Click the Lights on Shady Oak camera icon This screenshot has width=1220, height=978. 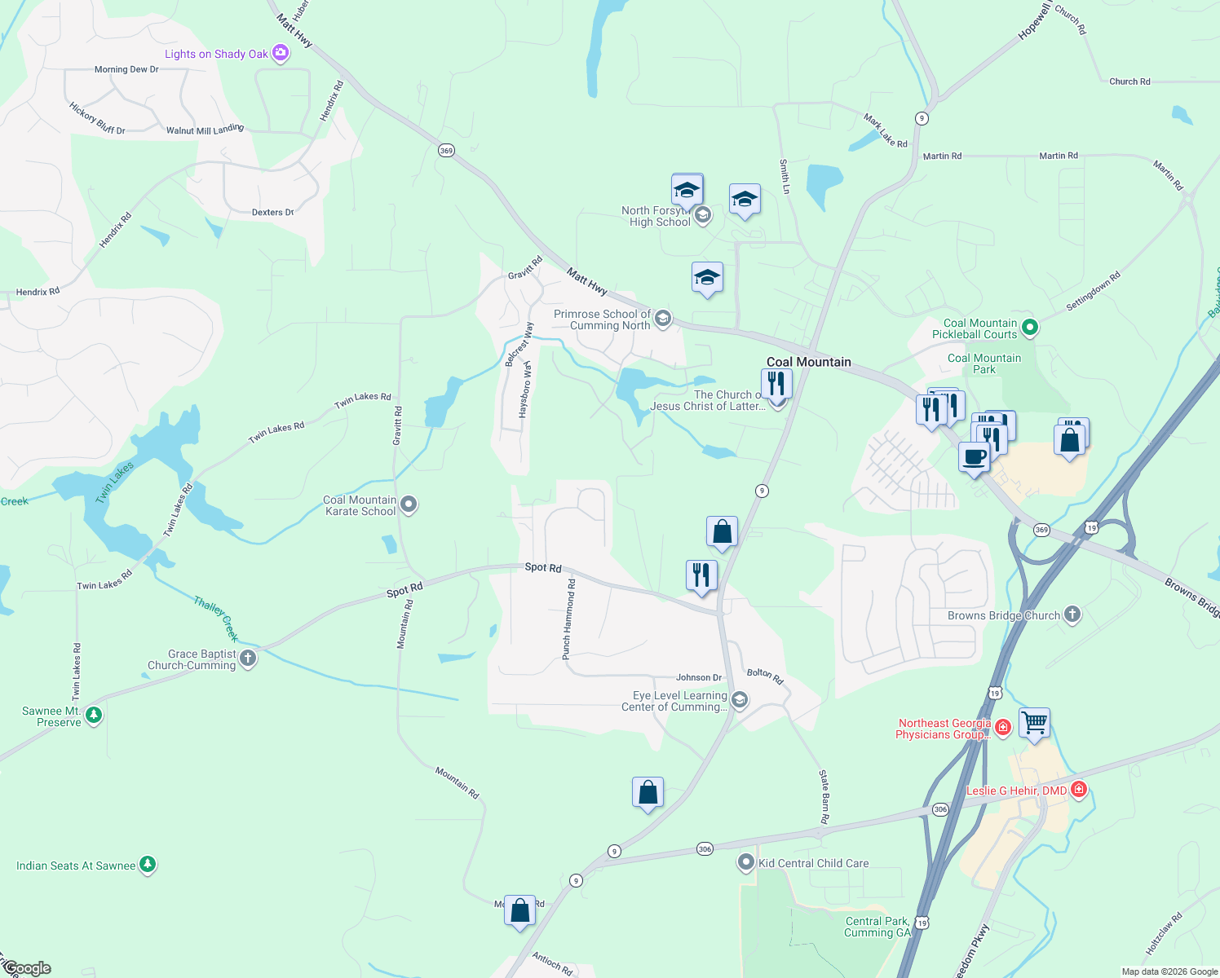click(281, 53)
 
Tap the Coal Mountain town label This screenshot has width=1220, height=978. click(808, 362)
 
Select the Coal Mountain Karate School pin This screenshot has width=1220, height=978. click(409, 505)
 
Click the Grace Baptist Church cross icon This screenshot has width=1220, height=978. click(248, 659)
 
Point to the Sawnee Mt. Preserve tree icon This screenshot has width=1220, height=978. click(94, 716)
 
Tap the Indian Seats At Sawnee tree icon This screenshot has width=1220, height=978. click(148, 865)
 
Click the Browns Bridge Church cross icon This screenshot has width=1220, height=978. click(1072, 615)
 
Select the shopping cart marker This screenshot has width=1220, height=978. click(1034, 722)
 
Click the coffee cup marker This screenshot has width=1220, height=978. click(974, 456)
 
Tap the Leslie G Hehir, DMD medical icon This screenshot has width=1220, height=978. click(1079, 789)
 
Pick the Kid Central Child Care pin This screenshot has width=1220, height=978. click(745, 862)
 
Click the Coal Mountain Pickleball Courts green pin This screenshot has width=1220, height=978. click(1030, 328)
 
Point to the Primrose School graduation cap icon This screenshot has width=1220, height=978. click(663, 318)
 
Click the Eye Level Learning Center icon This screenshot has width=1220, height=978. click(739, 700)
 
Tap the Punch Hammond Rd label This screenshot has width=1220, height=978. click(568, 619)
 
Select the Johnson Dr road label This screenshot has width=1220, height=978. click(699, 677)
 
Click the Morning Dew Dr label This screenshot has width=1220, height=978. click(126, 69)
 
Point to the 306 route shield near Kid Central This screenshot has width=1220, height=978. click(705, 849)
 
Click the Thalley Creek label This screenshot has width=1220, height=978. click(216, 619)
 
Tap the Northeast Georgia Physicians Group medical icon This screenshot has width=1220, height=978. click(1003, 727)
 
